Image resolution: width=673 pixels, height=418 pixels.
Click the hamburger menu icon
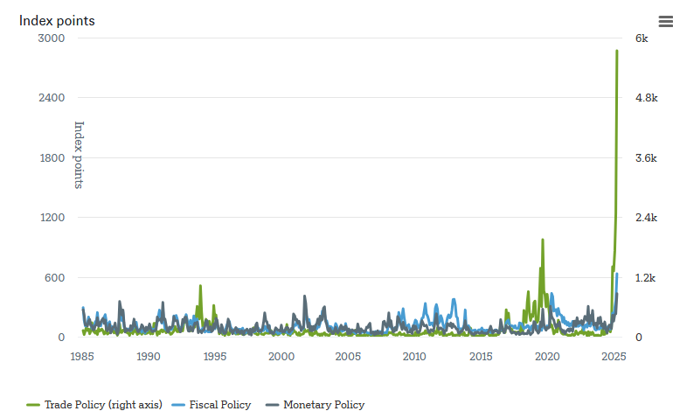(665, 21)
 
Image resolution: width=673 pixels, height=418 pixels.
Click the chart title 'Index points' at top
(57, 20)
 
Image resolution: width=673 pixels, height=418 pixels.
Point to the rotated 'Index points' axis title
(79, 155)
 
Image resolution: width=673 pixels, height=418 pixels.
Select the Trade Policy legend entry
(94, 405)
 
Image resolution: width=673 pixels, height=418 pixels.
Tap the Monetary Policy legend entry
(316, 405)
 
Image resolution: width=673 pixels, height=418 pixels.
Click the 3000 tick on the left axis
(52, 38)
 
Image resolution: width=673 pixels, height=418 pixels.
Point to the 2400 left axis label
(52, 98)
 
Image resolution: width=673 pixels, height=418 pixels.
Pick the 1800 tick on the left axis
(52, 158)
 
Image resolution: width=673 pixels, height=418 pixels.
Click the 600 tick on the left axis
(54, 278)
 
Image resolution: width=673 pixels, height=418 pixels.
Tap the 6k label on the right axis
(642, 38)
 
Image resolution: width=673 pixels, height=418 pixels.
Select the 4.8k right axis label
(646, 98)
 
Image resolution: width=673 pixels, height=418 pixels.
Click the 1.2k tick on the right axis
(645, 278)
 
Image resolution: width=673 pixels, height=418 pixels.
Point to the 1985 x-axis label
(82, 357)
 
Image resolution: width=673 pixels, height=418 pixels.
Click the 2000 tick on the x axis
(281, 357)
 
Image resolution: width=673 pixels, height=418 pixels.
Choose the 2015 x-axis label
(481, 357)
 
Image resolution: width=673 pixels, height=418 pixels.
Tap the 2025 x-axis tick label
(614, 357)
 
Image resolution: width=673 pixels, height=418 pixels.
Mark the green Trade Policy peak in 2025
(617, 51)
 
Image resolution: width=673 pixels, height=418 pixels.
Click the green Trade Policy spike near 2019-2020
(543, 240)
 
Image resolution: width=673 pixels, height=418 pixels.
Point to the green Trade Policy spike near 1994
(200, 286)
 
